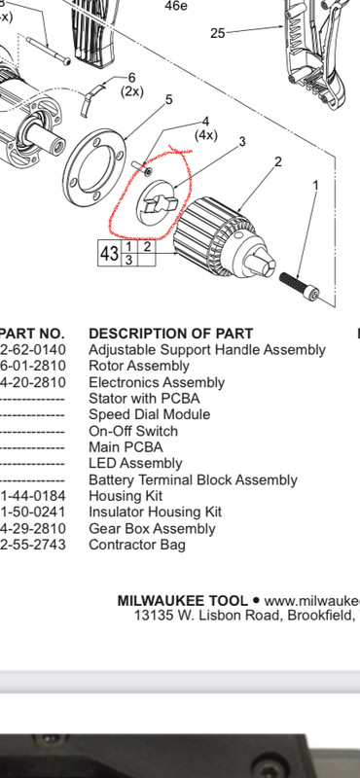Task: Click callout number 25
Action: pyautogui.click(x=217, y=33)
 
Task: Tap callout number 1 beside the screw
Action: pyautogui.click(x=314, y=184)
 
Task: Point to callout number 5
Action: pyautogui.click(x=168, y=99)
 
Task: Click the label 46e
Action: pyautogui.click(x=176, y=6)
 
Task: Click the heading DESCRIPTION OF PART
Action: pyautogui.click(x=170, y=334)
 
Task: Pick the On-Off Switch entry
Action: pyautogui.click(x=133, y=431)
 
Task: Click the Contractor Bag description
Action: pyautogui.click(x=137, y=545)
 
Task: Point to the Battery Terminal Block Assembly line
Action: pyautogui.click(x=193, y=479)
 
